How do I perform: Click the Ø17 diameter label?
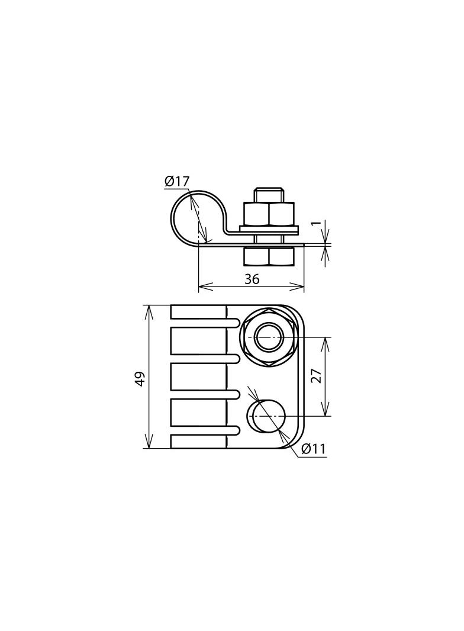tap(176, 181)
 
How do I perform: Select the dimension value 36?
tap(252, 279)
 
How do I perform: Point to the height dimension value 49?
tap(140, 379)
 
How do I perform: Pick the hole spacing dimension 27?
tap(317, 376)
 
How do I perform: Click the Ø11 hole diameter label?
tap(313, 449)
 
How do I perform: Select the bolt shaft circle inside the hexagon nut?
tap(269, 337)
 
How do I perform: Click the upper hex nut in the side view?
tap(269, 214)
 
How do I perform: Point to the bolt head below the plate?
tap(269, 256)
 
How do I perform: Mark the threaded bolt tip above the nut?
tap(269, 194)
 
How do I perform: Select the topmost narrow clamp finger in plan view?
tap(198, 311)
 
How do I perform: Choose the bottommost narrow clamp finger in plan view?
tap(198, 442)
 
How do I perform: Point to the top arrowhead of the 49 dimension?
tap(149, 309)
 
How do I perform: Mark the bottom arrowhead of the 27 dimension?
tap(324, 413)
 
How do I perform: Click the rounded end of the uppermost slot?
tap(237, 323)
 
